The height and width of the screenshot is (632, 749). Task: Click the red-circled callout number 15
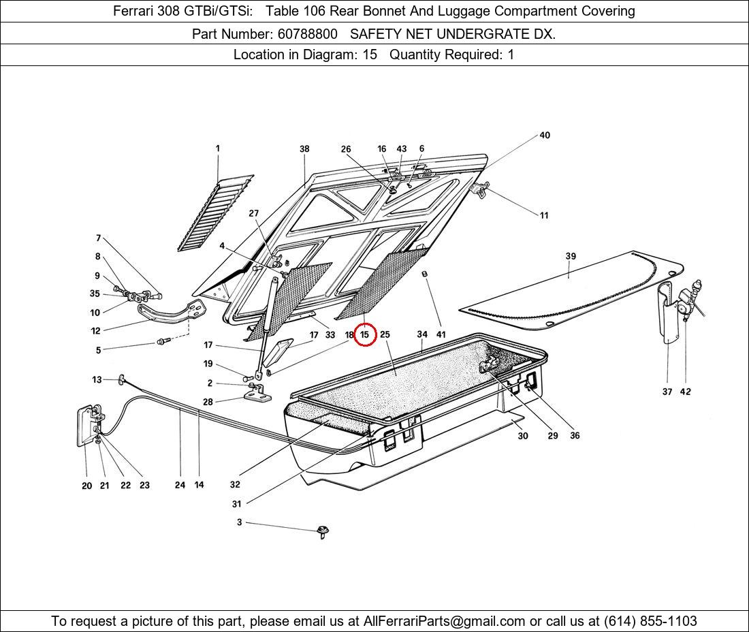pos(365,334)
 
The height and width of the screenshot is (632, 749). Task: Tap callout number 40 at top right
pos(545,136)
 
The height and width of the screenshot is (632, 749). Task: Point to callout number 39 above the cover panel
pos(571,256)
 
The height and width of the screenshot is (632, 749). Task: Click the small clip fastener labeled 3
pos(322,531)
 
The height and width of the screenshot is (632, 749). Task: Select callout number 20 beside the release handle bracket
pos(86,486)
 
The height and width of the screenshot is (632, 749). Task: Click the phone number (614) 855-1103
pos(650,621)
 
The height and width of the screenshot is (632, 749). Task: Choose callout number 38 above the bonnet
pos(304,149)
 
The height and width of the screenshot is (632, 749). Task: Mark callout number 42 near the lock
pos(685,392)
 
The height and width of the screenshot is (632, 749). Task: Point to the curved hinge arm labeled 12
pos(170,315)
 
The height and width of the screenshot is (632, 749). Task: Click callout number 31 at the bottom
pos(236,504)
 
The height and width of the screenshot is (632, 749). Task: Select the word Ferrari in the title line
pos(135,11)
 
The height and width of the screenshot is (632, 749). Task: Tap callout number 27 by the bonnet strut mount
pos(253,214)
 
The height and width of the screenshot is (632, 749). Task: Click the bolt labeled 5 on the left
pos(162,341)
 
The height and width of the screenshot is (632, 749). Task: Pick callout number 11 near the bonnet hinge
pos(544,216)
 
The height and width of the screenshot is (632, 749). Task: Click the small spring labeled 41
pos(426,274)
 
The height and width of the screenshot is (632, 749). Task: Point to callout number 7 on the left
pos(98,238)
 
